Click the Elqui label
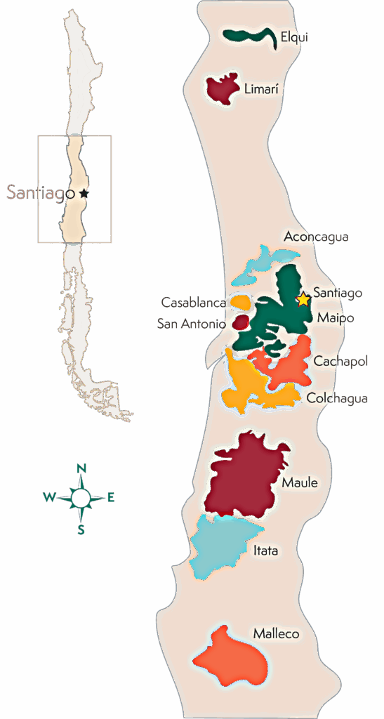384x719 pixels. tap(293, 37)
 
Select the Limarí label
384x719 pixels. tap(261, 88)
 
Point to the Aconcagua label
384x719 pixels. tap(315, 237)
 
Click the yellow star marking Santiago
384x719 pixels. tap(303, 300)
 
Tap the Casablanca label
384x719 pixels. tap(193, 303)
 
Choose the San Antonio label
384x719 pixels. tap(191, 324)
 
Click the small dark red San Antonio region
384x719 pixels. tap(240, 322)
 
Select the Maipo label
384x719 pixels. tap(335, 318)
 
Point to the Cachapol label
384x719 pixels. tap(340, 362)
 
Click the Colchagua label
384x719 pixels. tap(337, 398)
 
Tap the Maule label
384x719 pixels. tap(300, 483)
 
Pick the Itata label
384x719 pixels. tap(265, 551)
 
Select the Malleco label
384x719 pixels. tap(276, 634)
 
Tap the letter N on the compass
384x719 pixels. tap(81, 469)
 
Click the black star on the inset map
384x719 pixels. tap(84, 192)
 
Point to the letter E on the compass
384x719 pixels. tap(111, 498)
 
